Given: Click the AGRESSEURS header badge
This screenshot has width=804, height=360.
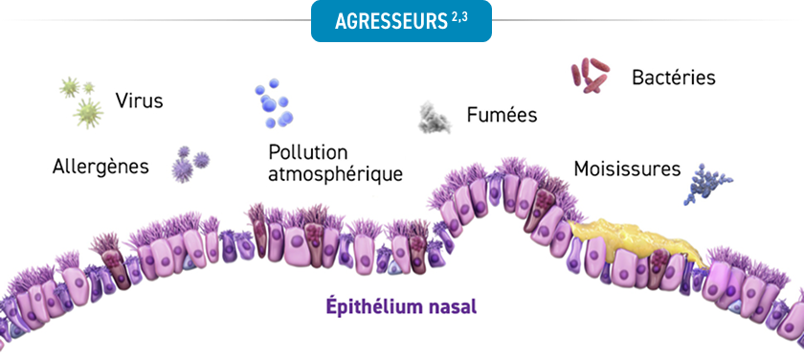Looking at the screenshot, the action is click(x=401, y=21).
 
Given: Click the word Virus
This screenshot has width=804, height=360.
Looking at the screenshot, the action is click(x=139, y=101).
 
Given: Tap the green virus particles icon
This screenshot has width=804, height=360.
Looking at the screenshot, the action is click(x=81, y=102).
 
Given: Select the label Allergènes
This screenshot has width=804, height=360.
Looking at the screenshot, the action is click(x=100, y=167).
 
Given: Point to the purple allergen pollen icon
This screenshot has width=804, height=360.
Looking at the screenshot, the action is click(x=190, y=164).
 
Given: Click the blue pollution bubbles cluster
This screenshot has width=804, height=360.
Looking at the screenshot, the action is click(x=274, y=103).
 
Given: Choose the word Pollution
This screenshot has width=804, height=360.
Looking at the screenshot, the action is click(x=307, y=152).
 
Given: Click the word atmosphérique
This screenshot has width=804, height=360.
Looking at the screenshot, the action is click(x=335, y=174).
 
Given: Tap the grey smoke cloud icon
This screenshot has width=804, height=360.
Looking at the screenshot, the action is click(x=435, y=118).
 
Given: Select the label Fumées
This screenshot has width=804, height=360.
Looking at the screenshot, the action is click(x=502, y=115).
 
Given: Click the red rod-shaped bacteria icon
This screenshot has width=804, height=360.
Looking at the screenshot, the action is click(x=591, y=75).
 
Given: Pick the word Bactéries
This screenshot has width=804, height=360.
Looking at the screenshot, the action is click(x=673, y=78).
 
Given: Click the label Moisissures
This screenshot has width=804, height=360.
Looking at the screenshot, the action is click(x=627, y=169).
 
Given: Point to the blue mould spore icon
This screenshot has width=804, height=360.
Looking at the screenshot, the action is click(x=707, y=184).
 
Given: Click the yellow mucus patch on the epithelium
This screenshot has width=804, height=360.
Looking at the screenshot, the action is click(x=635, y=240).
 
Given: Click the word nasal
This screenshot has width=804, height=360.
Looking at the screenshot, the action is click(x=451, y=307).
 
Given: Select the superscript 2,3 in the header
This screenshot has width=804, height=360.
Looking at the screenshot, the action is click(x=459, y=18).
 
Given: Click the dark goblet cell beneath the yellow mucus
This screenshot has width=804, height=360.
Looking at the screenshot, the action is click(x=658, y=268).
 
